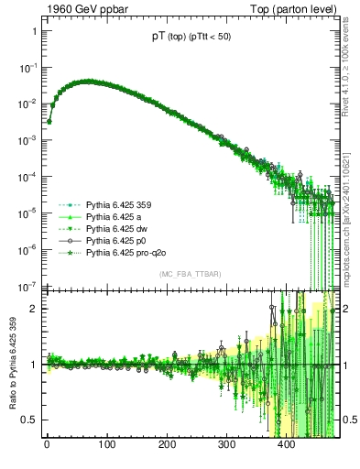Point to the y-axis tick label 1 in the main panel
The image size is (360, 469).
[x=33, y=31]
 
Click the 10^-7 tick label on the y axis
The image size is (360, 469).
[x=27, y=285]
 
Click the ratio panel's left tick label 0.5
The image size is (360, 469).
[x=29, y=420]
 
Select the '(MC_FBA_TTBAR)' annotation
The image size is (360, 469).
[x=190, y=272]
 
